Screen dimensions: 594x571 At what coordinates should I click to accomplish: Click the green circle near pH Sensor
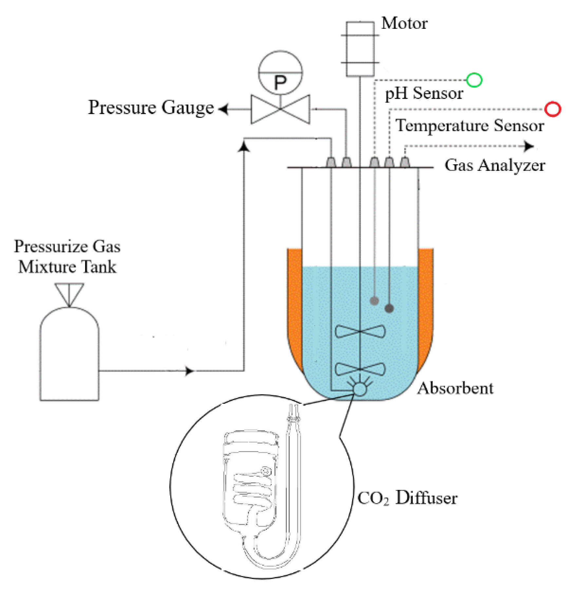pos(474,80)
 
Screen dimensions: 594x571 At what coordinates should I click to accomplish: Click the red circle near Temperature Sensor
pos(553,109)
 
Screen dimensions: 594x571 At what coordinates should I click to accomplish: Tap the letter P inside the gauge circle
pos(280,83)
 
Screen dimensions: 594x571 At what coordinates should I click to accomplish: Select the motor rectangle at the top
pos(360,49)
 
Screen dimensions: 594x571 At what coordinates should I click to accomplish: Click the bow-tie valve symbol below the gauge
pos(280,109)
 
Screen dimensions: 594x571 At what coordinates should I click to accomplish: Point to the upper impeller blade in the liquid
pos(360,331)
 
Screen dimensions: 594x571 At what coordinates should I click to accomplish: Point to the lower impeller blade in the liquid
pos(360,369)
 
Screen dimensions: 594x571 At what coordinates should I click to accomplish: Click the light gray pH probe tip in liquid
pos(374,301)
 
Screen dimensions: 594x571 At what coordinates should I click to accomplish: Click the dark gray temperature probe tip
pos(389,308)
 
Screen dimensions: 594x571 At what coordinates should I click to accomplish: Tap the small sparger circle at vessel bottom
pos(360,389)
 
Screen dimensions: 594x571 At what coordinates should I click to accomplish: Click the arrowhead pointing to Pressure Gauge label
pos(224,109)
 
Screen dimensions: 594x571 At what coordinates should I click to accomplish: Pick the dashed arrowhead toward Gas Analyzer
pos(528,146)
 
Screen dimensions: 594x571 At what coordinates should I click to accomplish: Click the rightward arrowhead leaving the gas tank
pos(189,371)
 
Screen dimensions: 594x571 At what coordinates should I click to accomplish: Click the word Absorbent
pos(455,388)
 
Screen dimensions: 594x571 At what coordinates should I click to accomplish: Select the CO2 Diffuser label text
pos(407,498)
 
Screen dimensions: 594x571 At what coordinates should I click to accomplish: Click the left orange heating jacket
pos(295,302)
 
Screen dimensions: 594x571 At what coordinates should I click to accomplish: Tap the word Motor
pos(405,24)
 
